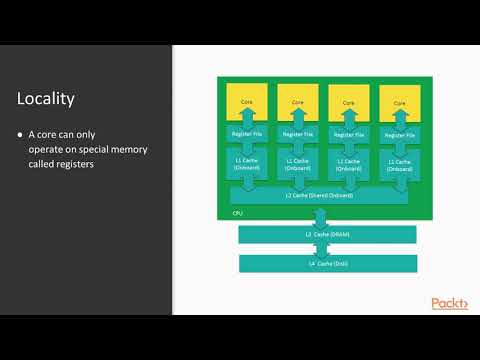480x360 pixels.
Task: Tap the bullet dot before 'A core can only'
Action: pyautogui.click(x=20, y=134)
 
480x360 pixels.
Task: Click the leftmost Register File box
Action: pyautogui.click(x=245, y=133)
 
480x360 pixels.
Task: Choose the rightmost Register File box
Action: pyautogui.click(x=399, y=133)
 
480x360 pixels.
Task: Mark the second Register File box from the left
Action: pyautogui.click(x=297, y=133)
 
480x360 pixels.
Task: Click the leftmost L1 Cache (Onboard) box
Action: pyautogui.click(x=245, y=164)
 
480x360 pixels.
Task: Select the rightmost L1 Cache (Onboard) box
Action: pyautogui.click(x=399, y=164)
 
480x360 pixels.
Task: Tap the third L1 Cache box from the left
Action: pyautogui.click(x=348, y=164)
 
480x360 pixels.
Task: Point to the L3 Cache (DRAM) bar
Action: pyautogui.click(x=327, y=234)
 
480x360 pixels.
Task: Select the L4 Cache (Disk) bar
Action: pyautogui.click(x=327, y=263)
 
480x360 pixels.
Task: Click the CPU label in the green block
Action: pyautogui.click(x=238, y=213)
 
